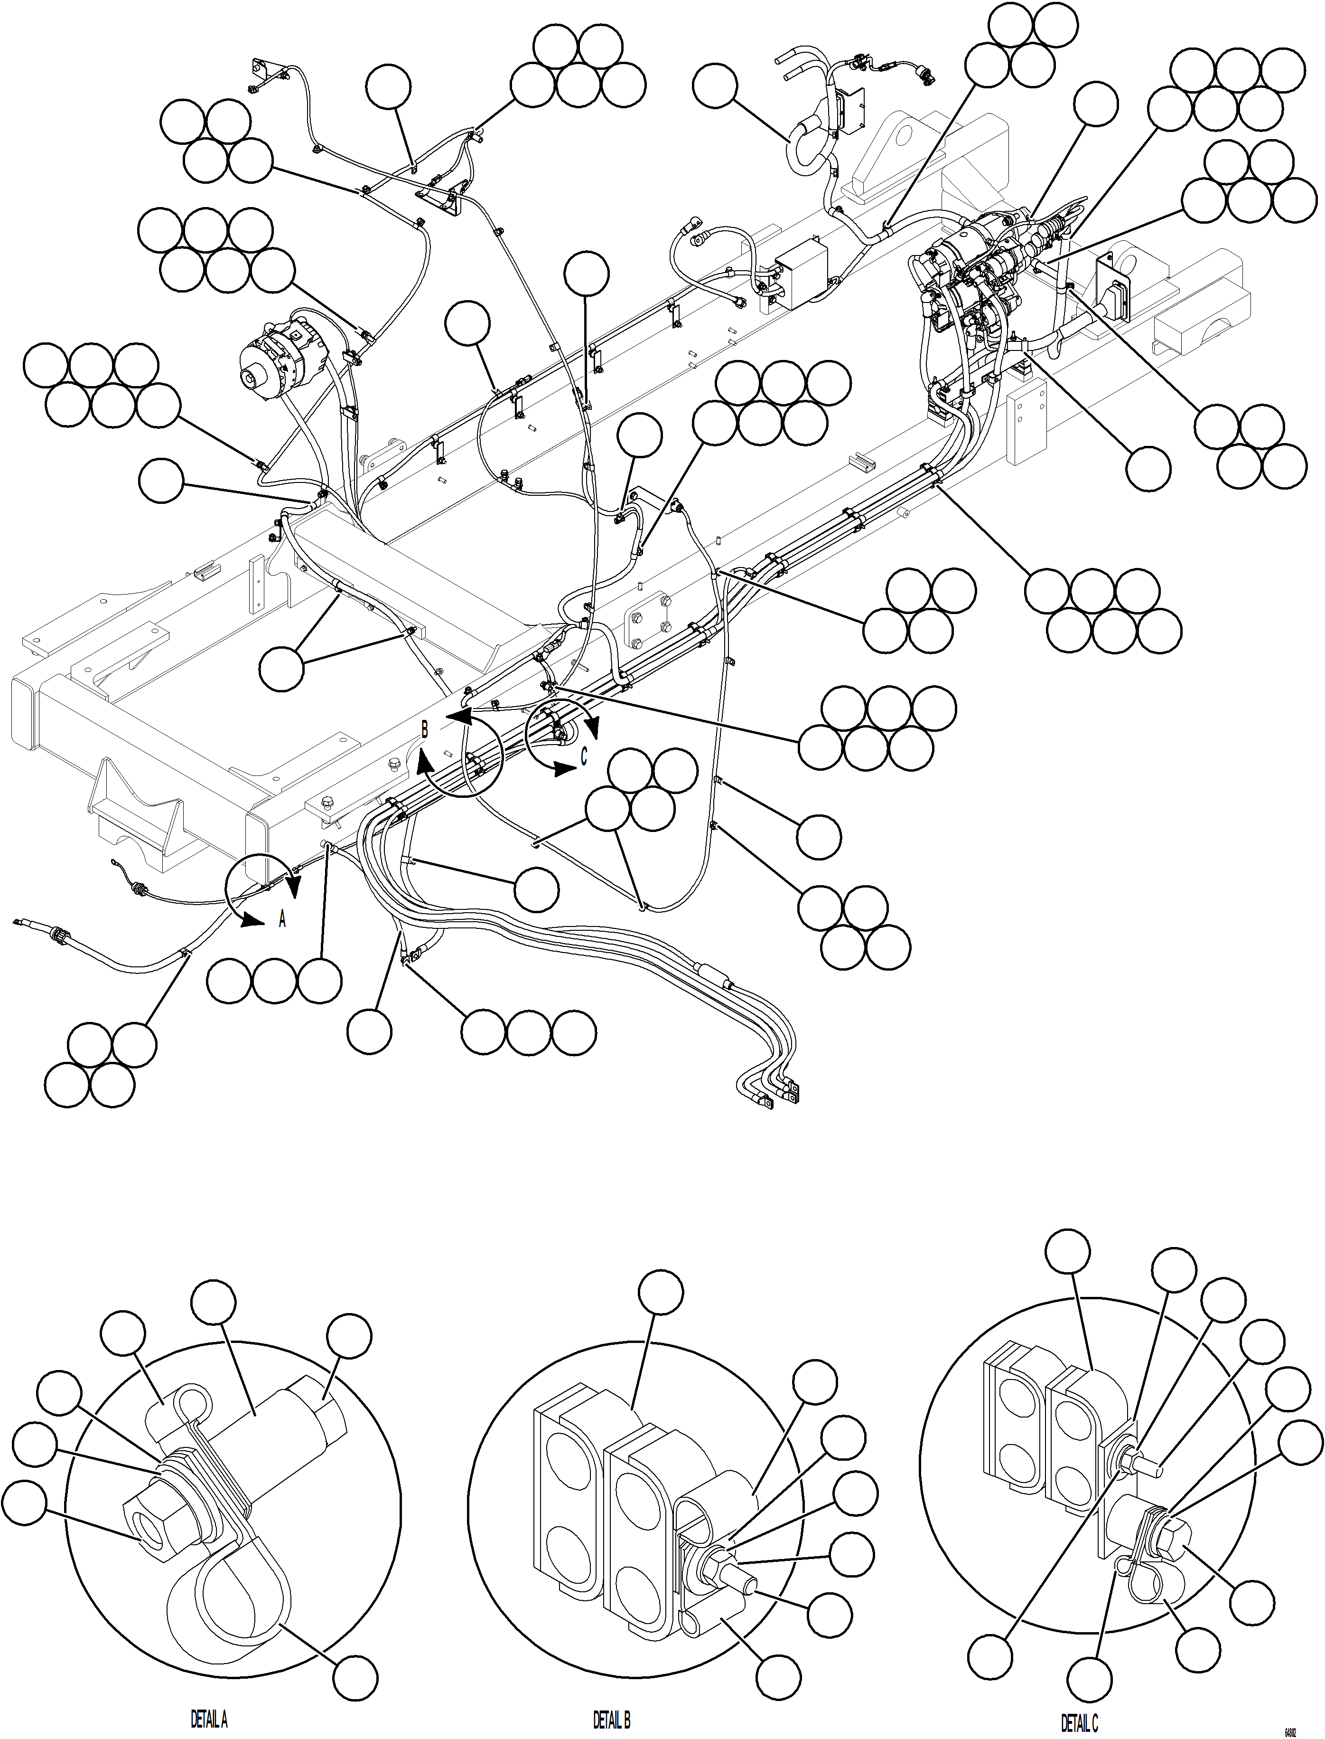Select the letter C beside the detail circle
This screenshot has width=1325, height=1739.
[x=584, y=756]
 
